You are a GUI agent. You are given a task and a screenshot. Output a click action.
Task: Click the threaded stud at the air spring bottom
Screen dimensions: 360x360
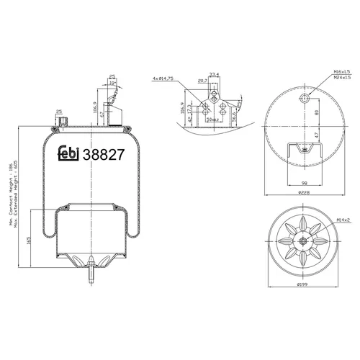[x=91, y=274]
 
